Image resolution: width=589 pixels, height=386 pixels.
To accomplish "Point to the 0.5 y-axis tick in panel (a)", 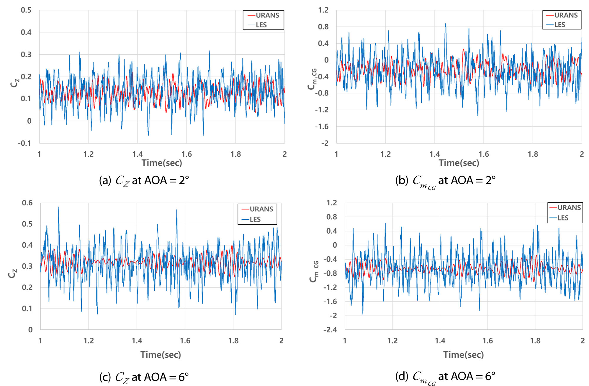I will (26, 10).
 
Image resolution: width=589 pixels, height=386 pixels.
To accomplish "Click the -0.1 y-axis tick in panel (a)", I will (24, 143).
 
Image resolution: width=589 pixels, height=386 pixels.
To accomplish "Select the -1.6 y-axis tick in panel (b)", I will (322, 127).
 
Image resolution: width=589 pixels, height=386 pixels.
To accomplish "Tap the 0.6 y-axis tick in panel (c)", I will (27, 203).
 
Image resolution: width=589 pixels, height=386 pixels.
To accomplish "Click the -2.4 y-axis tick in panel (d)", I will (330, 330).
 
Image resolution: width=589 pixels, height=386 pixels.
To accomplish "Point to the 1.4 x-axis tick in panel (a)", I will (137, 154).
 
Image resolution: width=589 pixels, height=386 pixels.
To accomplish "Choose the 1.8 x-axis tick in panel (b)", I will (533, 154).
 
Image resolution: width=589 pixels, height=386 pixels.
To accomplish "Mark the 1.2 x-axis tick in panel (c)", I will (89, 341).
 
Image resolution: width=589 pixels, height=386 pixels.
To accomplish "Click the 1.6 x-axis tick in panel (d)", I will (487, 341).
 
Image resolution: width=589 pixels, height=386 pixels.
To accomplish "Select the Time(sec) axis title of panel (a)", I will (162, 163).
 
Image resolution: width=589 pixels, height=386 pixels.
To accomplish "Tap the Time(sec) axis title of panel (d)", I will (463, 355).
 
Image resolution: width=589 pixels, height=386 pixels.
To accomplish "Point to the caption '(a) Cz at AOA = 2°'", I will (144, 181).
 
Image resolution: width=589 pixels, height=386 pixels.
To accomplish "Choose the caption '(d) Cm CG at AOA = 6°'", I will (445, 377).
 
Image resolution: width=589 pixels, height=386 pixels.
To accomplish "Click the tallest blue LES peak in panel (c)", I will (58, 207).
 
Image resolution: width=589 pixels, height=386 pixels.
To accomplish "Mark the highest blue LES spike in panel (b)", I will (446, 24).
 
